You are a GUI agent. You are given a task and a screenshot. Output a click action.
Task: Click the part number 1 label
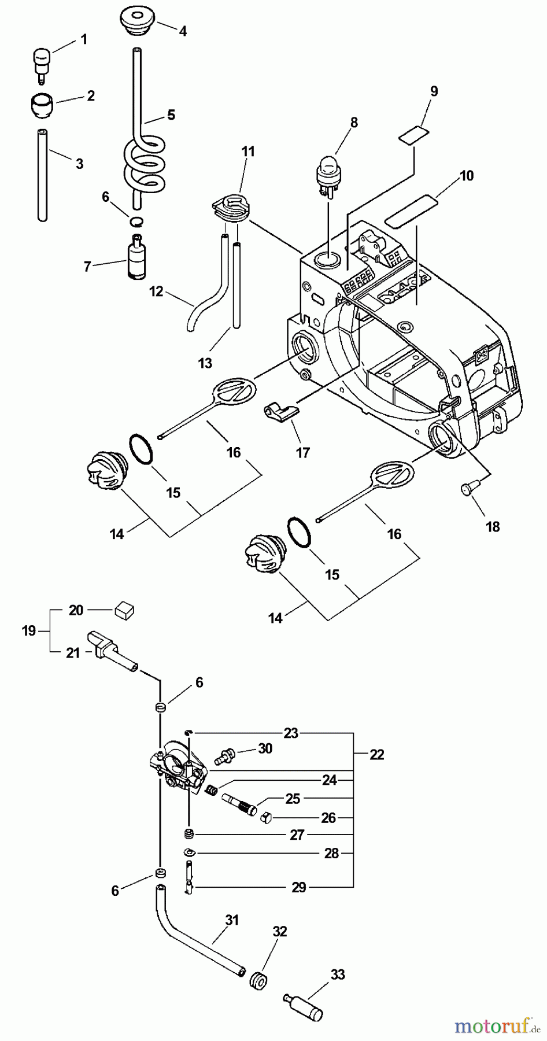[84, 39]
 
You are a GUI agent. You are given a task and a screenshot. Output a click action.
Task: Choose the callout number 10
[467, 175]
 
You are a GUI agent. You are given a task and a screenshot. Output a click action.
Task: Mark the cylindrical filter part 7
[136, 257]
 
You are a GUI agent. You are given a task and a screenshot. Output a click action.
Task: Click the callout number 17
[303, 452]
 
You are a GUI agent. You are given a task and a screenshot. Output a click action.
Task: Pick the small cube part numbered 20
[125, 608]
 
